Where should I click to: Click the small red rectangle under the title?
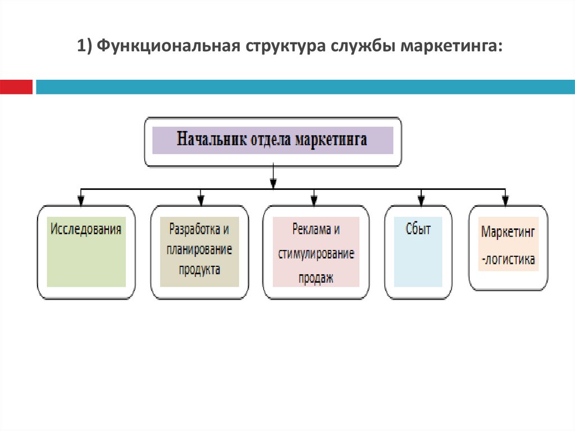(x=16, y=87)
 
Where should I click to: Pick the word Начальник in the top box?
(x=209, y=139)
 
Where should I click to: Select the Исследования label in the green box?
(x=86, y=229)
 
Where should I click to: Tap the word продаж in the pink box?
(x=316, y=277)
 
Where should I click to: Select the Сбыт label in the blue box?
(x=418, y=229)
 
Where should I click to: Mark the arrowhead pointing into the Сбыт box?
(x=421, y=200)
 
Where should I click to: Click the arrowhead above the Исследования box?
(x=81, y=200)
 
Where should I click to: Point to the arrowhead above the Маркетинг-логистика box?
(x=505, y=200)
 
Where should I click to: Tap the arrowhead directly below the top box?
(x=273, y=183)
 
